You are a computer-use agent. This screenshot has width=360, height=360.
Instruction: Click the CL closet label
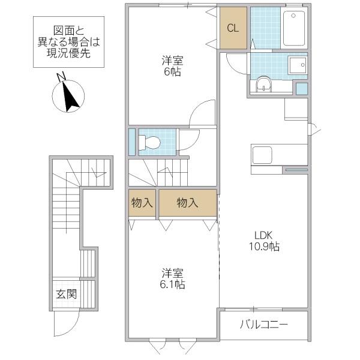click(x=233, y=28)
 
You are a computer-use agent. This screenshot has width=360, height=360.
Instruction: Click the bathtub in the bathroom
click(x=294, y=28)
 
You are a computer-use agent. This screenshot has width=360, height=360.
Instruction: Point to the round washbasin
click(x=264, y=86)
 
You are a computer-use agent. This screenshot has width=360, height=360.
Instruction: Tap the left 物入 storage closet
click(x=142, y=203)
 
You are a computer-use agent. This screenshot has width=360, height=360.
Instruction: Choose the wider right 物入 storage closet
click(x=187, y=203)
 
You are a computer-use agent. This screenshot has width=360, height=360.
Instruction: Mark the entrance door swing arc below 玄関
click(x=63, y=325)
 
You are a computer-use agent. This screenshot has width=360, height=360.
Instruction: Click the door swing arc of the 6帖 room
click(x=201, y=114)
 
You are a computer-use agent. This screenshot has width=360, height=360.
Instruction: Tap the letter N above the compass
click(x=60, y=76)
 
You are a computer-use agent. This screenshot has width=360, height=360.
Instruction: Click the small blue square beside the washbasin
click(x=302, y=88)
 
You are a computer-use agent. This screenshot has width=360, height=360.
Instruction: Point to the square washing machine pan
click(x=296, y=64)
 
